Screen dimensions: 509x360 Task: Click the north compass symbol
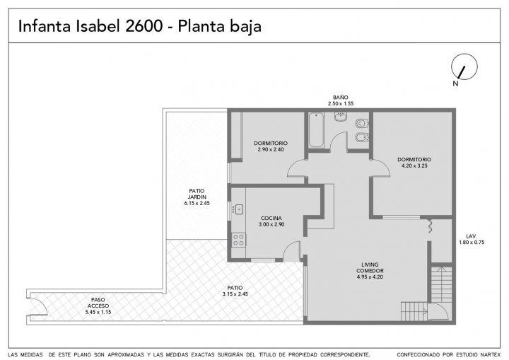tap(464, 66)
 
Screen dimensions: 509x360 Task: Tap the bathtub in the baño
tap(316, 130)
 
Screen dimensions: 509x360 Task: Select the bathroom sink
tap(341, 117)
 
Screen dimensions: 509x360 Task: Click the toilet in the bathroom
tap(362, 124)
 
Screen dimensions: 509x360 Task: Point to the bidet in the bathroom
tap(362, 138)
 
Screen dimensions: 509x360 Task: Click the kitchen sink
tap(239, 209)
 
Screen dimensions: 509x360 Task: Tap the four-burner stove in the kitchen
tap(239, 240)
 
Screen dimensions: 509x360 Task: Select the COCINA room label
tap(271, 219)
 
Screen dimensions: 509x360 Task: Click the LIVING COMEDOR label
tap(370, 268)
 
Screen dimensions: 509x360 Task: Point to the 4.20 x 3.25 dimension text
tap(414, 166)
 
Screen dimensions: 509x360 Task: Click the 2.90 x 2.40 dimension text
tap(271, 149)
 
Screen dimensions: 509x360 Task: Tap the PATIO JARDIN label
tap(197, 194)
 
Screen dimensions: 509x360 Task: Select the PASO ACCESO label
tap(98, 303)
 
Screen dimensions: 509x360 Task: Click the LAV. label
tap(472, 236)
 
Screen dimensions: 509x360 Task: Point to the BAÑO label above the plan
tap(341, 98)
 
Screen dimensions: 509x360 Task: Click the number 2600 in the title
tap(144, 26)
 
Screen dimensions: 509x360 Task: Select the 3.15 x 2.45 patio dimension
tap(235, 294)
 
